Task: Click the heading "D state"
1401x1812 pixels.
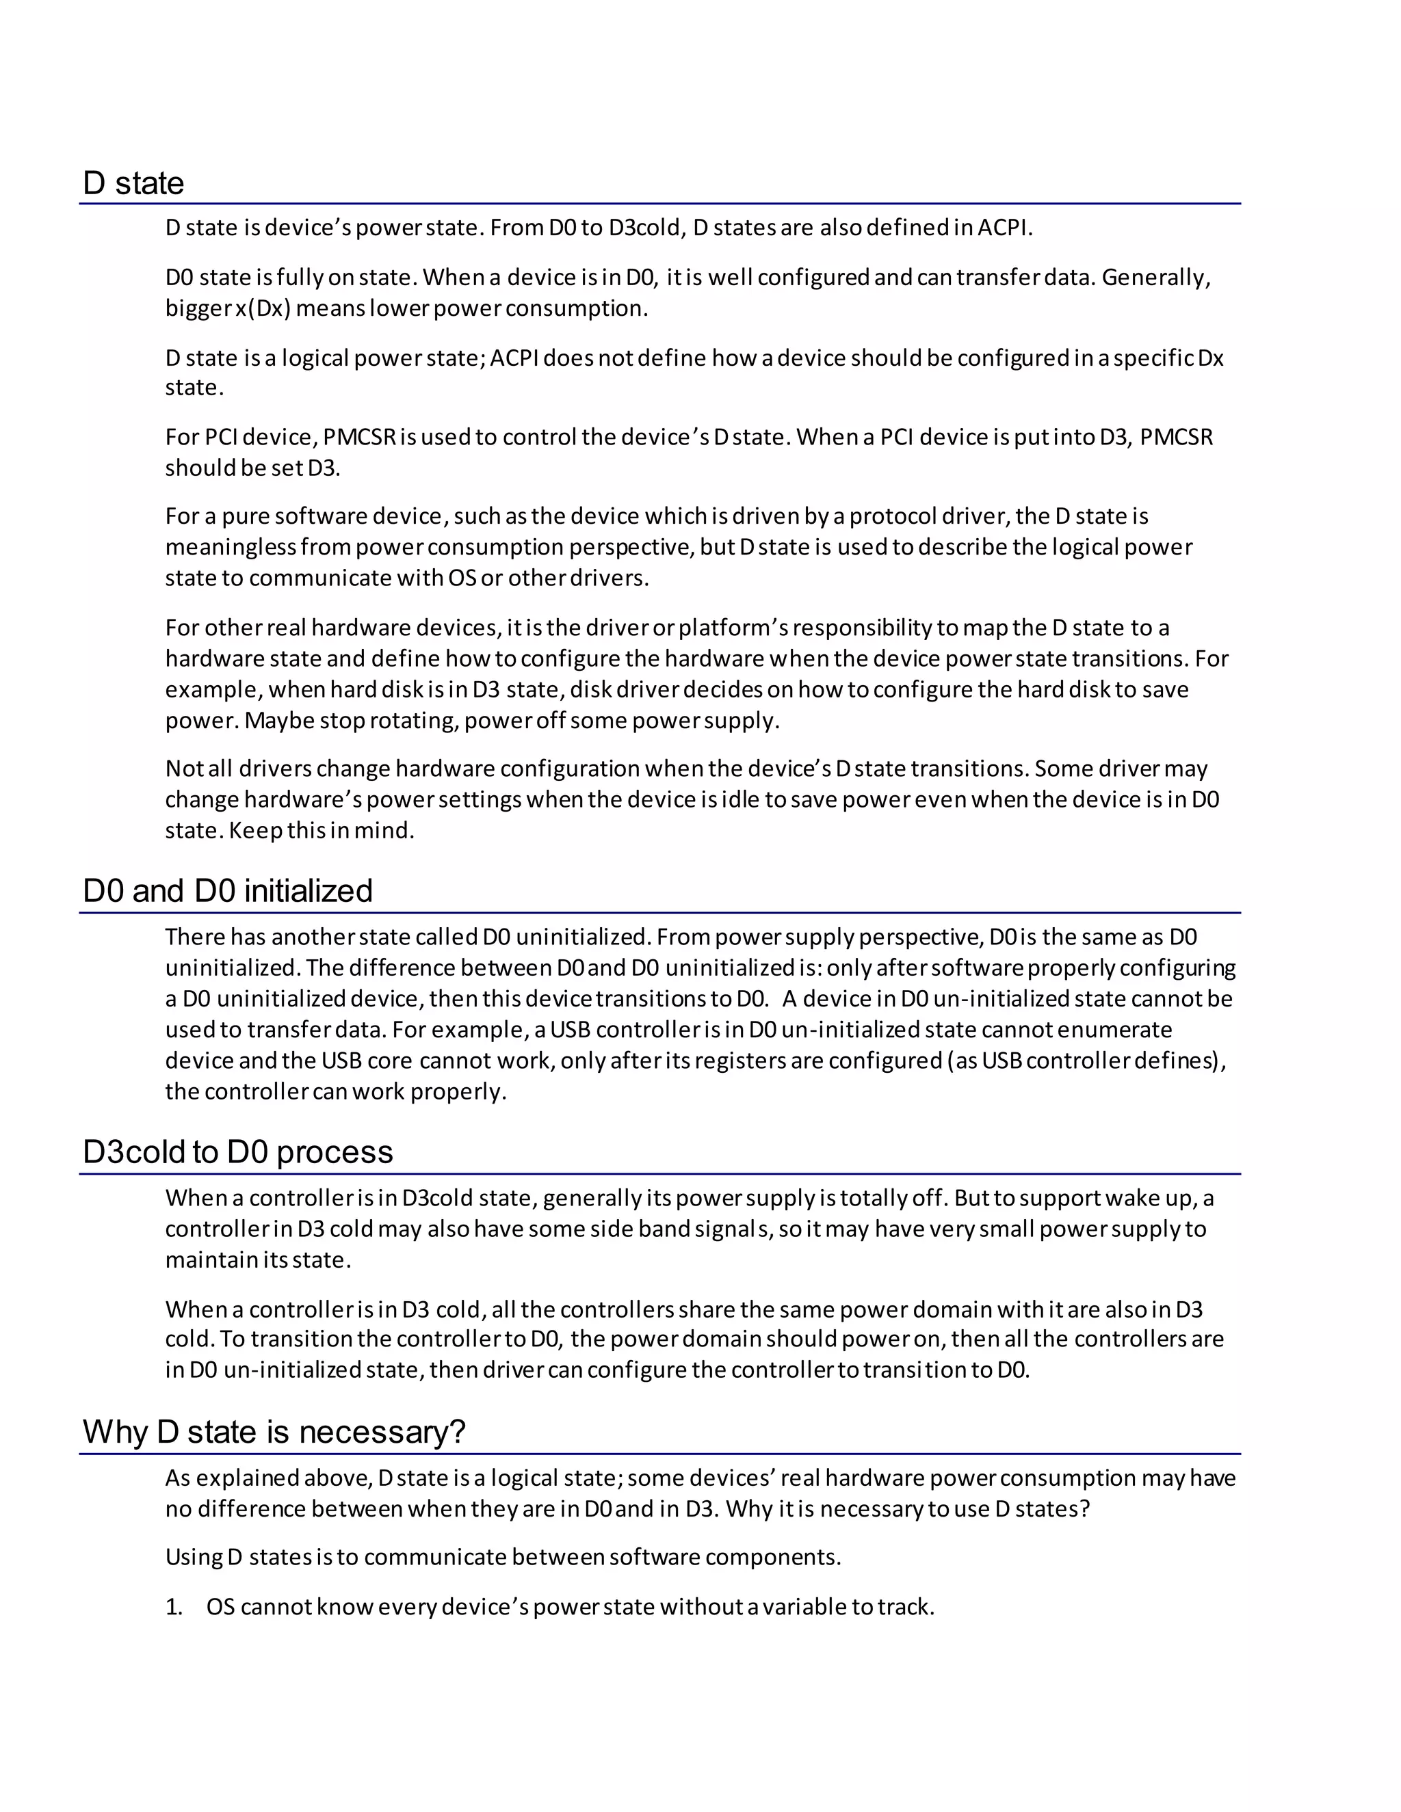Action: (x=133, y=183)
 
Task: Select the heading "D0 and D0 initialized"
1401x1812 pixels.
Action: (x=227, y=891)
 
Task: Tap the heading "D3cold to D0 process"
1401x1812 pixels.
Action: (x=237, y=1151)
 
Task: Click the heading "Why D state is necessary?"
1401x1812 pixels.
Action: (x=274, y=1432)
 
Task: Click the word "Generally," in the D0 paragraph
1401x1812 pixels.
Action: (x=1156, y=277)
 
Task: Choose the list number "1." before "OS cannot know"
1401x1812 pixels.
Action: (x=174, y=1607)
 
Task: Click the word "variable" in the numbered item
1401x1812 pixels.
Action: (x=804, y=1607)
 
